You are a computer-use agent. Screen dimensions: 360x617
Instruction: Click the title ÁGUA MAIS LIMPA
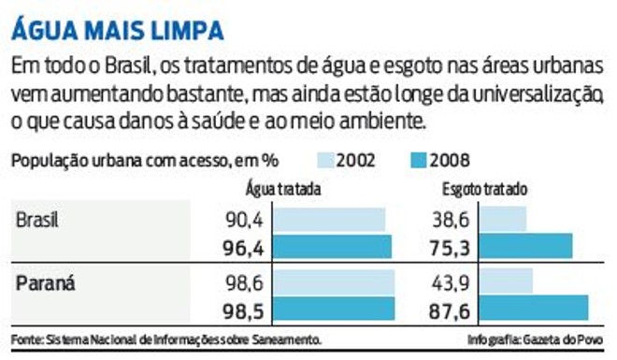point(117,29)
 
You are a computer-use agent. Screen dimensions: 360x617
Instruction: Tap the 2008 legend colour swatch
point(425,160)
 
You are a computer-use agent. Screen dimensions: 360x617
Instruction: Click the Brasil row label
point(38,220)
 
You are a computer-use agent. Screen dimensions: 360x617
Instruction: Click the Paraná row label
point(43,281)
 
